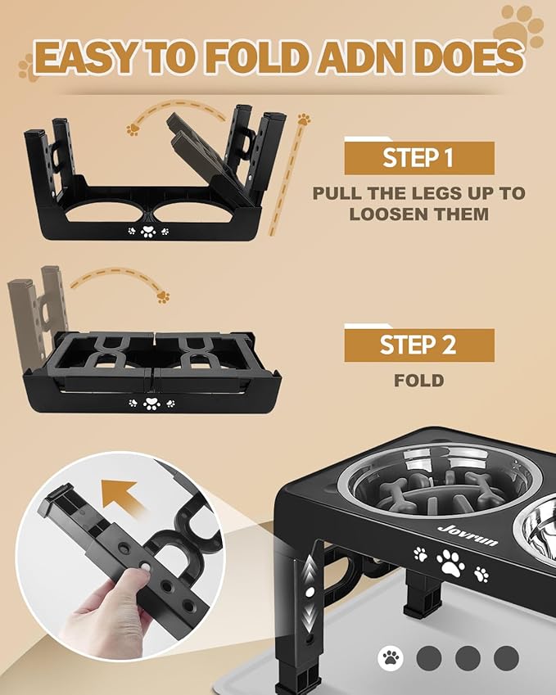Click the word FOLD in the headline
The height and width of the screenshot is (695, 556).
(x=255, y=57)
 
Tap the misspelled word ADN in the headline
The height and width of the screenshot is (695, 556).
(x=359, y=57)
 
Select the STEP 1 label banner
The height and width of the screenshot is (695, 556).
(x=419, y=157)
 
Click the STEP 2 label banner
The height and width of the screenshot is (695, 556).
(x=419, y=345)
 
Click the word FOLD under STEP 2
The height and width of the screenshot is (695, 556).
(x=419, y=381)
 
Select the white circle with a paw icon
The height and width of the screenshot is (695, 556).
(x=391, y=658)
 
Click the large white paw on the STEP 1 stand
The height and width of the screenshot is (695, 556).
(x=148, y=231)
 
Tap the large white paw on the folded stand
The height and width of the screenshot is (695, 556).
(x=151, y=404)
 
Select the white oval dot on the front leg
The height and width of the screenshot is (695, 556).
(x=310, y=591)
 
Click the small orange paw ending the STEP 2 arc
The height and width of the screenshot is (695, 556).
(x=163, y=297)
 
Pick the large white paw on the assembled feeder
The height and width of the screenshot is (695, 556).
(x=450, y=563)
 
